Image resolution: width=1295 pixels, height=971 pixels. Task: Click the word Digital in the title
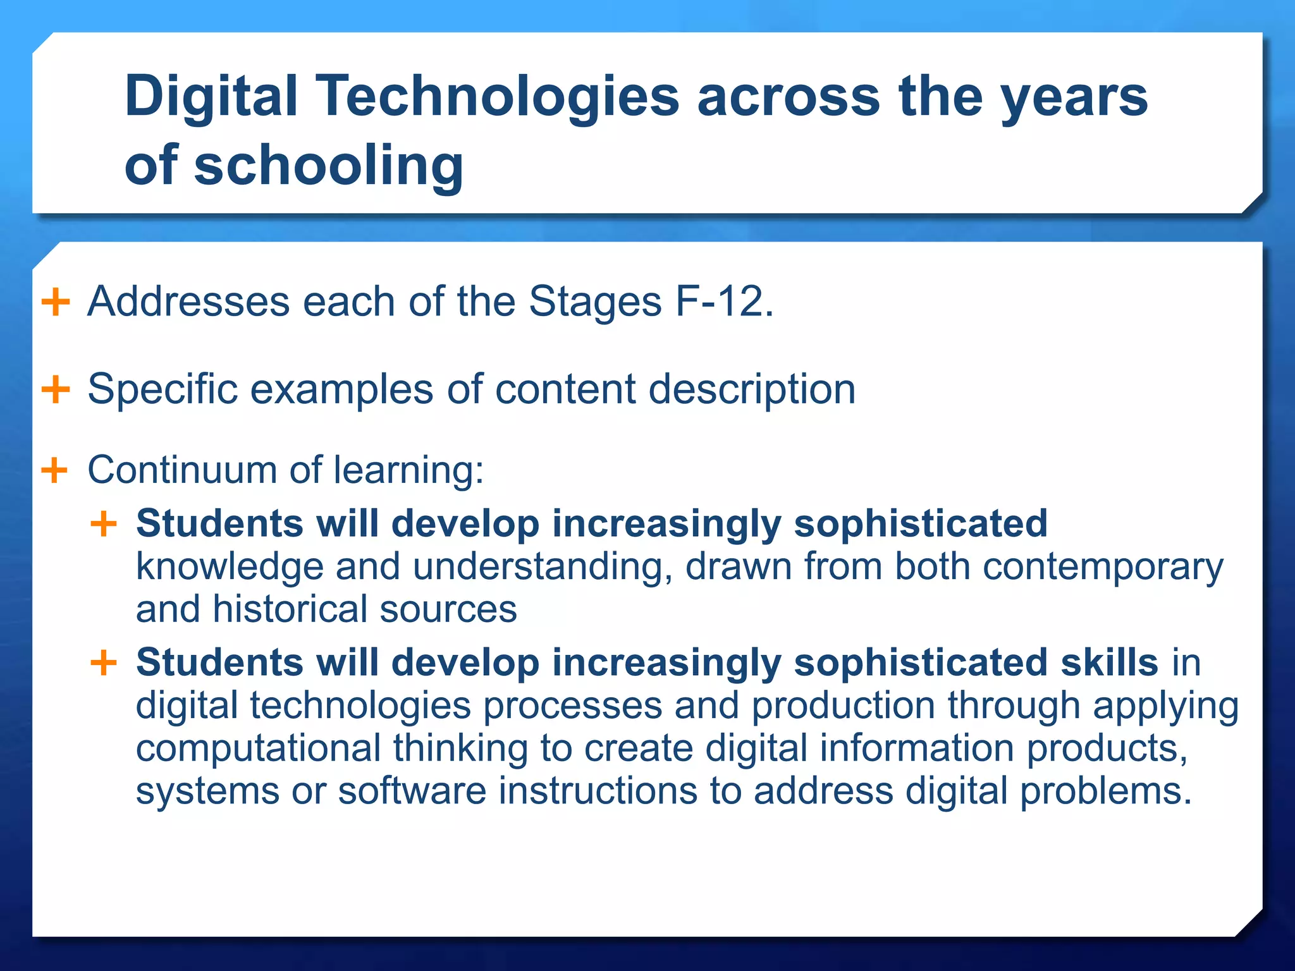pyautogui.click(x=211, y=97)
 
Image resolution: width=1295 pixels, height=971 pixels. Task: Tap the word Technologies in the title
pyautogui.click(x=497, y=97)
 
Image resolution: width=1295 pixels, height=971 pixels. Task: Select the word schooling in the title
pyautogui.click(x=328, y=165)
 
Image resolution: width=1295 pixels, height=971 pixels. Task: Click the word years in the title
pyautogui.click(x=1074, y=97)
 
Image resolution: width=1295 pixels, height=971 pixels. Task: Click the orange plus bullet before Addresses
pyautogui.click(x=55, y=302)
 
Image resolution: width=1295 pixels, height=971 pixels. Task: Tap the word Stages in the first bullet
pyautogui.click(x=594, y=302)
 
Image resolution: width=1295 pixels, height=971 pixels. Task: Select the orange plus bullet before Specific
pyautogui.click(x=55, y=389)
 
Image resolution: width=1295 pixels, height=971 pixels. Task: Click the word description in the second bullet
pyautogui.click(x=752, y=389)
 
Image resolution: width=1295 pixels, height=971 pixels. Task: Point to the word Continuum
pyautogui.click(x=181, y=470)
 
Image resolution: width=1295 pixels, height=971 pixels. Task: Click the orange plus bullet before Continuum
pyautogui.click(x=54, y=470)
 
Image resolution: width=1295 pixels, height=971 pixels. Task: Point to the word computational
pyautogui.click(x=258, y=748)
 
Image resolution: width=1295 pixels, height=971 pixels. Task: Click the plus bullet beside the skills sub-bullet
pyautogui.click(x=104, y=663)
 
